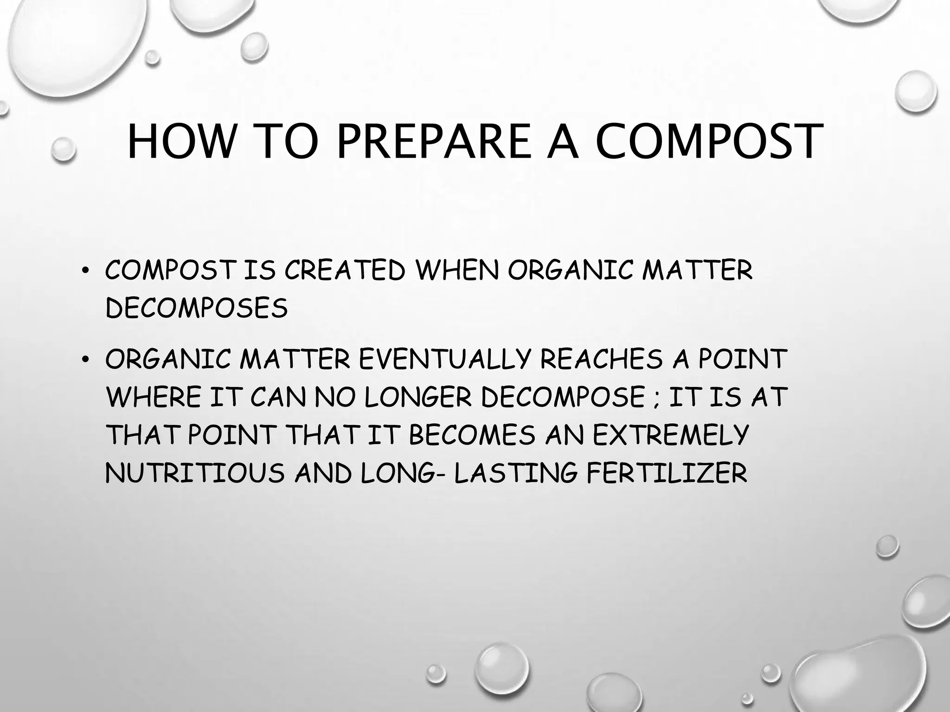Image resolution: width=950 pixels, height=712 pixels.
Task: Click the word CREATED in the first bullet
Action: click(345, 271)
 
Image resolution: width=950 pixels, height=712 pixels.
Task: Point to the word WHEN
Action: click(457, 271)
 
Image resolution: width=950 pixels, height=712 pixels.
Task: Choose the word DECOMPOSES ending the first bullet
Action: click(197, 308)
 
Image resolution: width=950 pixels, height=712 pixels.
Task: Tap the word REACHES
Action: click(602, 359)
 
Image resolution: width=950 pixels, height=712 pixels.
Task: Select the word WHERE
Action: click(153, 397)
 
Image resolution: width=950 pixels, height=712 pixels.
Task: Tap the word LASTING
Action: click(515, 473)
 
